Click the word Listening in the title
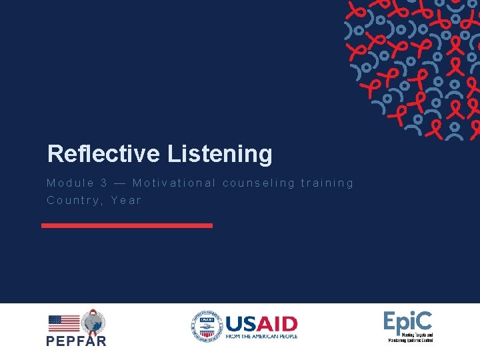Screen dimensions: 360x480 click(x=219, y=155)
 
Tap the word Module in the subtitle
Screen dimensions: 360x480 click(x=70, y=183)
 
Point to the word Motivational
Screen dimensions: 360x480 click(x=174, y=183)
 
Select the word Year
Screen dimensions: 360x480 click(x=126, y=200)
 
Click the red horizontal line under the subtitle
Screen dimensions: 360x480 click(x=127, y=225)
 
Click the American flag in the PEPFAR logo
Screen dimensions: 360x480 click(x=64, y=323)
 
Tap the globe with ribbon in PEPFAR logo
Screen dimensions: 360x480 click(x=93, y=322)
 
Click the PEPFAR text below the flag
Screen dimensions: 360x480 click(x=76, y=341)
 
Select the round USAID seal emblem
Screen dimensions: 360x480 click(x=205, y=326)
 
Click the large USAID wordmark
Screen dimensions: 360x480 click(x=261, y=323)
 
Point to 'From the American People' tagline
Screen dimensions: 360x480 click(x=261, y=337)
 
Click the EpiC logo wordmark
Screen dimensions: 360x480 click(x=407, y=322)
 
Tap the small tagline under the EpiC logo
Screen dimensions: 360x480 click(x=411, y=337)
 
